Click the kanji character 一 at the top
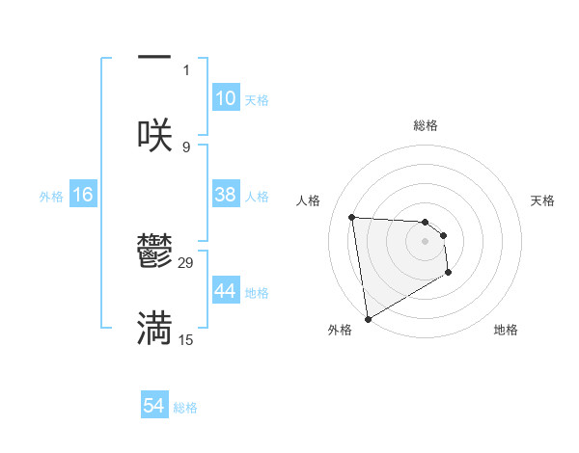click(154, 58)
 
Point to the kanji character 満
click(154, 328)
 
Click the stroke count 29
click(186, 263)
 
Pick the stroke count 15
click(186, 339)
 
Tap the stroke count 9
click(186, 147)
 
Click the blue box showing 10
click(225, 98)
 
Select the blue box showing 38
click(225, 195)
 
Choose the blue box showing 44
click(225, 291)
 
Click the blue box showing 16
click(83, 195)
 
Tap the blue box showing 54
click(153, 406)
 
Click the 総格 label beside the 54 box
click(185, 408)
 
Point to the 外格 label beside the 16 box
click(51, 197)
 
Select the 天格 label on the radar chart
click(543, 200)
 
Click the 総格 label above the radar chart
click(426, 125)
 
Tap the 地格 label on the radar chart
click(506, 330)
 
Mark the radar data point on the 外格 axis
click(367, 318)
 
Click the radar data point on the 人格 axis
click(352, 217)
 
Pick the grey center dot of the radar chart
click(426, 241)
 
